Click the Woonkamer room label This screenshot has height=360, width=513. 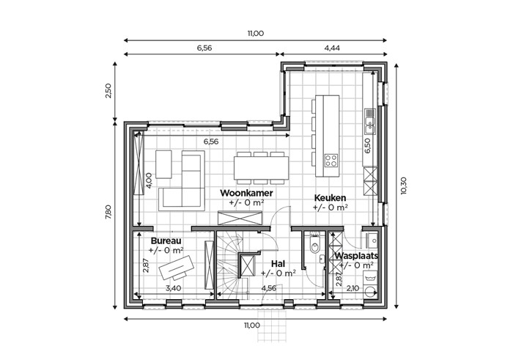[x=246, y=193]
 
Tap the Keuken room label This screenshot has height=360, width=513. [x=330, y=198]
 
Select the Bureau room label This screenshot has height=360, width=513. [x=166, y=241]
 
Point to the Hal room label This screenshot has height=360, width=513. [x=278, y=264]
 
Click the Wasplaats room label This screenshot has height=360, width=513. [x=356, y=256]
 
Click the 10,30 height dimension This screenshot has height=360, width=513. [x=403, y=185]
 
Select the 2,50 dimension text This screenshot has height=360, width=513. [x=108, y=91]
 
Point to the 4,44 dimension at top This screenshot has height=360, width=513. [x=332, y=48]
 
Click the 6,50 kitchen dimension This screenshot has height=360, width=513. [x=367, y=146]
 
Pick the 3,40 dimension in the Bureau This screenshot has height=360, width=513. [x=174, y=288]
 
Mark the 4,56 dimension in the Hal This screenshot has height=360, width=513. [x=268, y=288]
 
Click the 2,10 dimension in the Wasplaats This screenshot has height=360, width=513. [x=353, y=288]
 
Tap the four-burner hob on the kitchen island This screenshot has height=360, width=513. [x=331, y=161]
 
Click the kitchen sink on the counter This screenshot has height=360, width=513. [x=370, y=121]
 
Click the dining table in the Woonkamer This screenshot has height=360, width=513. [x=261, y=168]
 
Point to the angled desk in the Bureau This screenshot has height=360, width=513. [x=177, y=267]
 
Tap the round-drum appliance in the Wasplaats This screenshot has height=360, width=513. [x=371, y=291]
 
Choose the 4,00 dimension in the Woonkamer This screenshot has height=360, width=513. [x=148, y=180]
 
